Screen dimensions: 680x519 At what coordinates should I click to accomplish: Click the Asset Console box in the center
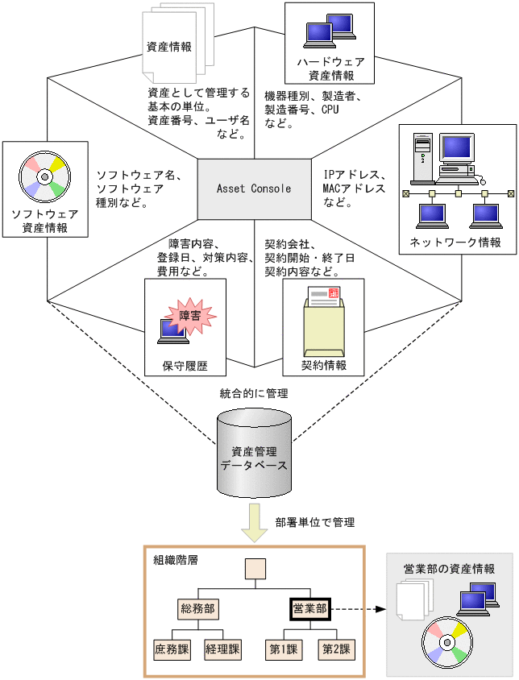254,189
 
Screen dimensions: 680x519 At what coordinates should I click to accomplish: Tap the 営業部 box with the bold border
309,608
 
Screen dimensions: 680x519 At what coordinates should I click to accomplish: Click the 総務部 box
198,608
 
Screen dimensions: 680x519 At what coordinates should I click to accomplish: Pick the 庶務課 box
170,648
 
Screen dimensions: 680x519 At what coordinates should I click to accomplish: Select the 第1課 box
283,648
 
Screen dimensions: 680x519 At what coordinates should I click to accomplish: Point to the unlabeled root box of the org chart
255,570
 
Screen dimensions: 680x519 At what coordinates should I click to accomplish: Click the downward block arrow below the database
255,523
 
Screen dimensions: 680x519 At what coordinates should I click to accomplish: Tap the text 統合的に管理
254,394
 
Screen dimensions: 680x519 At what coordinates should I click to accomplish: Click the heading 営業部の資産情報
449,569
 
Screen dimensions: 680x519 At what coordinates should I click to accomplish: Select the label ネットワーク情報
455,243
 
